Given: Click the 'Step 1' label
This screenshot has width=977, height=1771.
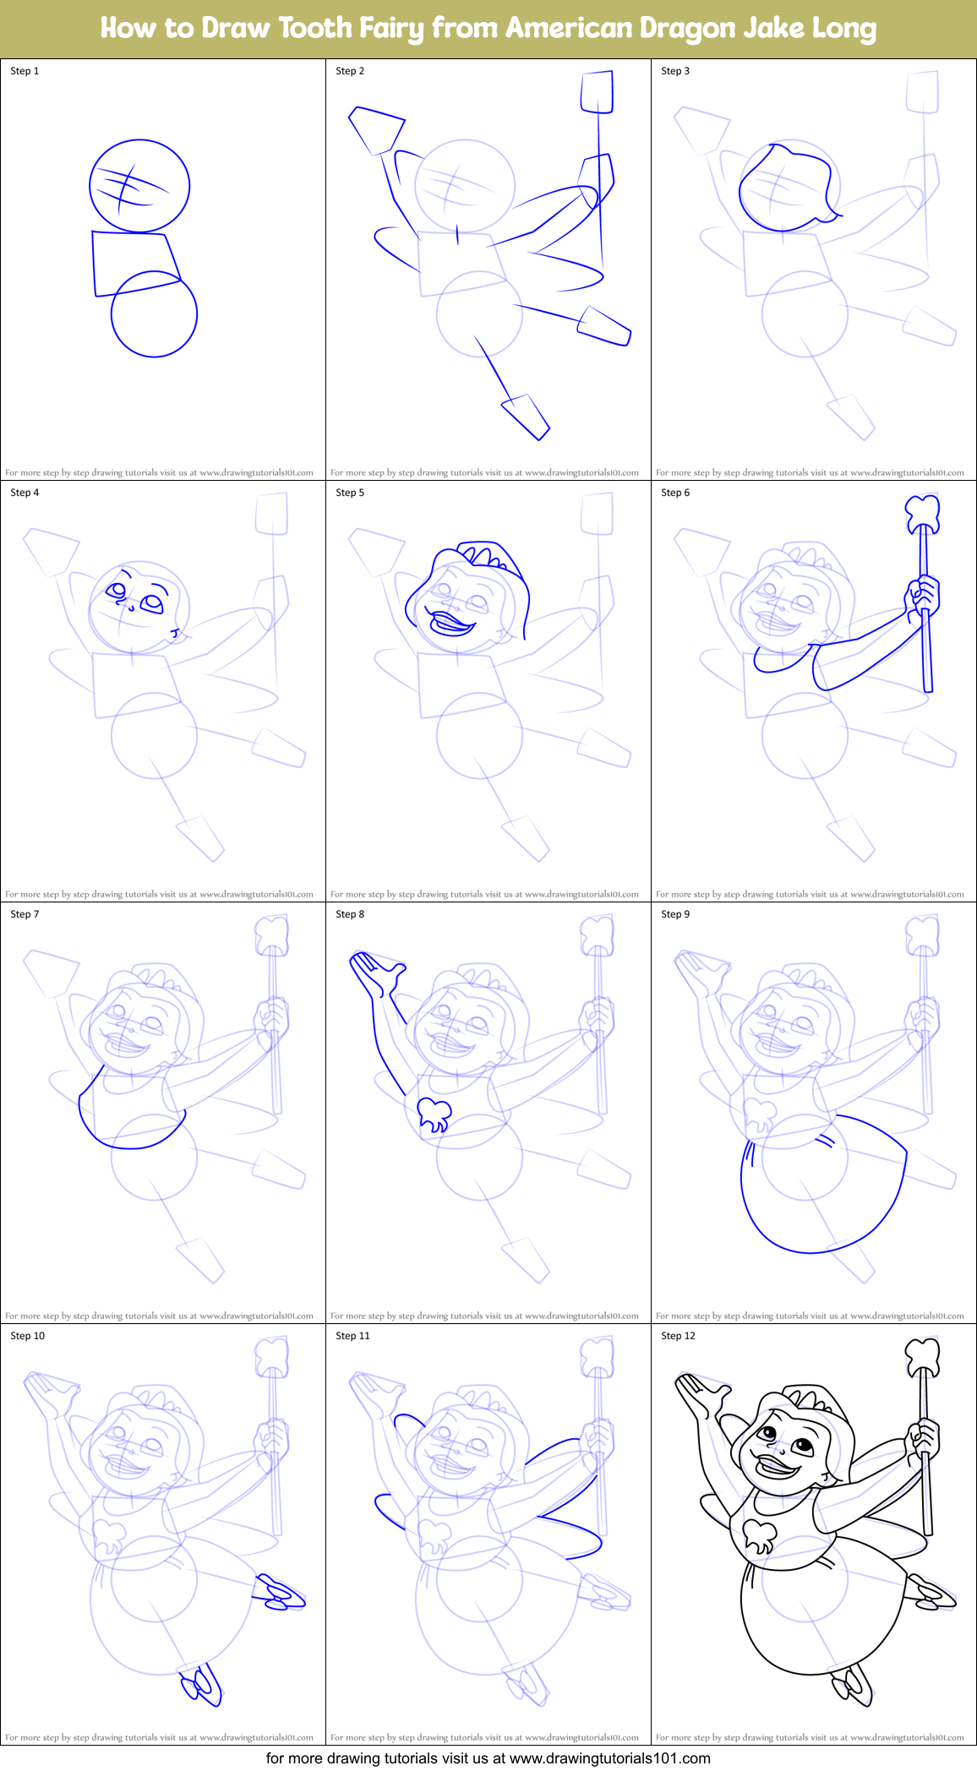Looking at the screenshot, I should (x=25, y=71).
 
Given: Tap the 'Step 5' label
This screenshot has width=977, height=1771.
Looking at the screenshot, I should (x=350, y=493).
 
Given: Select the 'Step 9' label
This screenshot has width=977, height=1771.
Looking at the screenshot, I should (x=675, y=914).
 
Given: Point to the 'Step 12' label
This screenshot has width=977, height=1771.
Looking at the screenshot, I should (x=678, y=1336).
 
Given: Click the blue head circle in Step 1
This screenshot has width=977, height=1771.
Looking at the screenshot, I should (x=139, y=186).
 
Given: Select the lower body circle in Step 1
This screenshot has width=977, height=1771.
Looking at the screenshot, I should (x=154, y=313).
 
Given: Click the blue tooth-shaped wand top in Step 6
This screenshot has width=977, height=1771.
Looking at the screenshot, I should (x=922, y=512).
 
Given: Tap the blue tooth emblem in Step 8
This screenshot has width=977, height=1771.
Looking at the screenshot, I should (x=434, y=1114).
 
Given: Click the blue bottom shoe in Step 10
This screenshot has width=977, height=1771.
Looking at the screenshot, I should (x=201, y=1685).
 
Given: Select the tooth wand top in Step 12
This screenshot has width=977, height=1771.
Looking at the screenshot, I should (x=922, y=1355).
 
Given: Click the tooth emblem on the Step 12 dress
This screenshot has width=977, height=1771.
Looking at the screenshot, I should (x=760, y=1534).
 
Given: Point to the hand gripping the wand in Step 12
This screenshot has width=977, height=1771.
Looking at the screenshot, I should (x=924, y=1436).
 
